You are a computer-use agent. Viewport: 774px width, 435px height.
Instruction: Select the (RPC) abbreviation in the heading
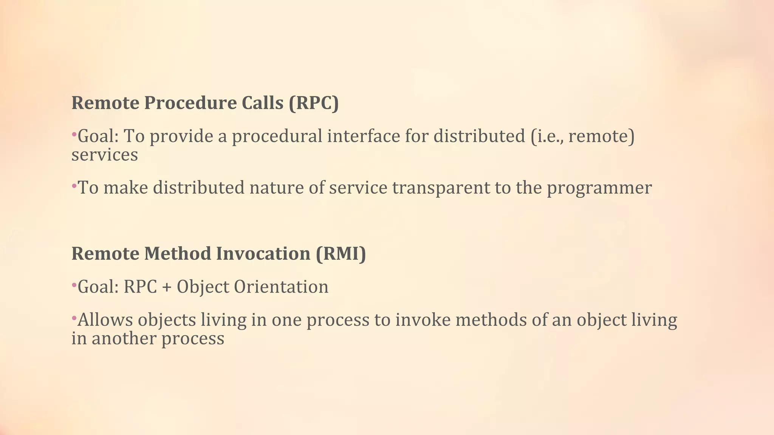click(x=314, y=103)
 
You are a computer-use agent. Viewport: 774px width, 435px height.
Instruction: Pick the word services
click(x=105, y=155)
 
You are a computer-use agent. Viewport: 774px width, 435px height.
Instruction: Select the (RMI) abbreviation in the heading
click(x=341, y=253)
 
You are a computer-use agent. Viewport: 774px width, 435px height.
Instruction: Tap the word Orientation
click(x=281, y=287)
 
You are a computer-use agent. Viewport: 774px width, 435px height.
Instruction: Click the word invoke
click(x=423, y=320)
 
